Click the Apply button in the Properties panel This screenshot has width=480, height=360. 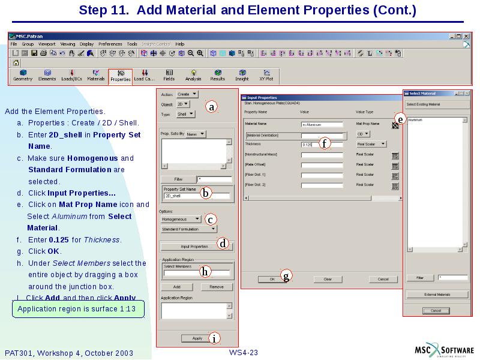pos(197,338)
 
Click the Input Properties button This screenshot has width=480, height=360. pos(194,247)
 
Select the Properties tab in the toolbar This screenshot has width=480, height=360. pos(120,76)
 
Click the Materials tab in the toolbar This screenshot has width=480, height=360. pos(96,76)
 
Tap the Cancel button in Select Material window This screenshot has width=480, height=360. pos(436,310)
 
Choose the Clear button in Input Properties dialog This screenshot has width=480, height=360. pos(328,279)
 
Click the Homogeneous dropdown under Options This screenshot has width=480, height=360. pos(181,220)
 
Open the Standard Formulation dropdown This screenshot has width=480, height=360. pos(188,229)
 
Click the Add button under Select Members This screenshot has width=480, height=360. pos(177,287)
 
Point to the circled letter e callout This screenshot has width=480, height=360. pos(400,119)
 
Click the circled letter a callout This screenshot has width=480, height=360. pos(211,107)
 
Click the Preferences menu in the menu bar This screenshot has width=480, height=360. pos(110,44)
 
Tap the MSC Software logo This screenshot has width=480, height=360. pos(445,351)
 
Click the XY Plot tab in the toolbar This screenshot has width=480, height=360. pos(266,76)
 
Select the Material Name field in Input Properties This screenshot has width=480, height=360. pos(322,125)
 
